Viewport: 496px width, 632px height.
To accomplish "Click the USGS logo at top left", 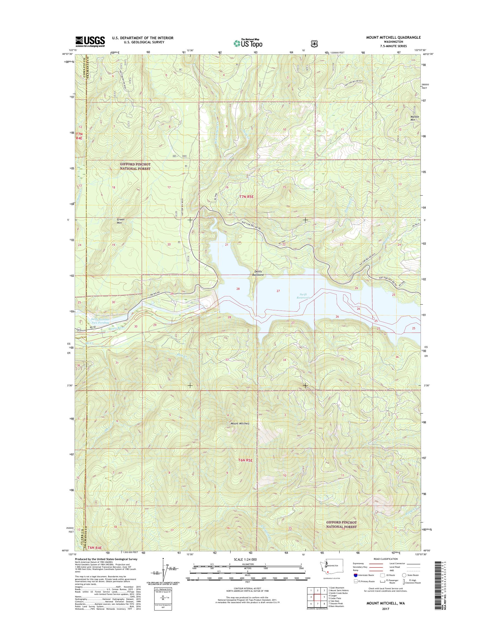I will pos(90,41).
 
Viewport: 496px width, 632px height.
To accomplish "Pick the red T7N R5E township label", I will pos(247,197).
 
